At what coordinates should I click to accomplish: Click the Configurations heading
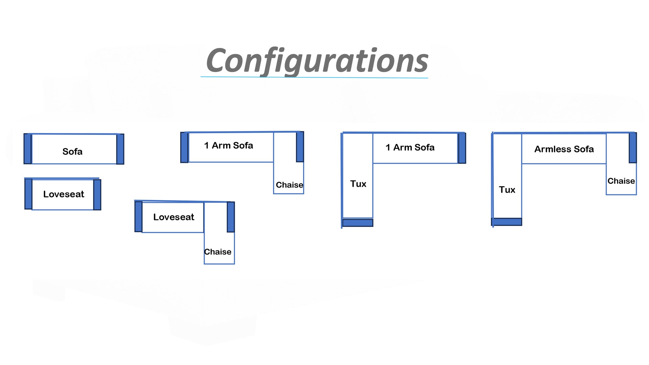coord(317,61)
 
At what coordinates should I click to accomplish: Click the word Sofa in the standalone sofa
coord(72,151)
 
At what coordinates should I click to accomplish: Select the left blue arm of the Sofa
coord(28,149)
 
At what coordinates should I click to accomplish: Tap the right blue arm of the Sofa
coord(120,149)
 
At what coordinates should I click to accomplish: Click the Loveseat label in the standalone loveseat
coord(64,194)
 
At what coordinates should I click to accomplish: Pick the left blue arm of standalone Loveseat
coord(28,194)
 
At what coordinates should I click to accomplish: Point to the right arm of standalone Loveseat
coord(97,195)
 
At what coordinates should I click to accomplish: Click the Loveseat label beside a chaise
coord(174,217)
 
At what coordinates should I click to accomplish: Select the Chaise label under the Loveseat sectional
coord(218,252)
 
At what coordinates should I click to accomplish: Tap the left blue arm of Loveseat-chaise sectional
coord(138,217)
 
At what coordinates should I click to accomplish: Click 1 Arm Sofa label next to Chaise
coord(229,145)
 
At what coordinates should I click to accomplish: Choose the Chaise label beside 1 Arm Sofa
coord(289,185)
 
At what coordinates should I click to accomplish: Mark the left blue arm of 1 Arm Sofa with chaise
coord(184,147)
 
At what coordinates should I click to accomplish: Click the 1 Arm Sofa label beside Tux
coord(410,147)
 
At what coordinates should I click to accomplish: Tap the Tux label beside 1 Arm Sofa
coord(358,184)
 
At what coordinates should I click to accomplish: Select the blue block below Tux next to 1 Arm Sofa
coord(358,223)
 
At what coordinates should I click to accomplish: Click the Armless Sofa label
coord(564,149)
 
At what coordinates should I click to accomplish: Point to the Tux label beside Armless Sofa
coord(507,190)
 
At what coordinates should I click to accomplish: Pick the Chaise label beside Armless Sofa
coord(621,181)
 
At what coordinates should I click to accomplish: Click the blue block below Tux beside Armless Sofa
coord(507,222)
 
